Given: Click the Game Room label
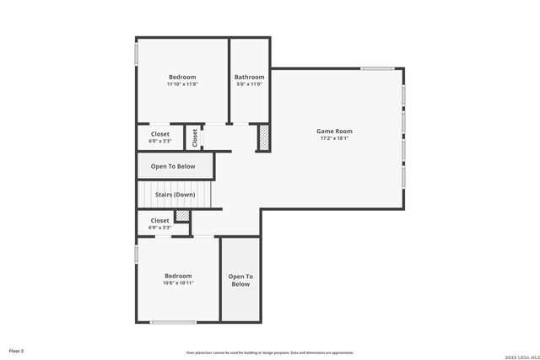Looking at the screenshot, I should tap(334, 131).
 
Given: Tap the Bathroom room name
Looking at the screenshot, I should tap(249, 78).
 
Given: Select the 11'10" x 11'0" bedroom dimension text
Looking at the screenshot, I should tap(181, 84).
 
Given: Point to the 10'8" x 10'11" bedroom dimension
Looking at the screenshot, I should tap(178, 283).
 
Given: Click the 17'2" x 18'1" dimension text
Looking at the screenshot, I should tap(334, 138).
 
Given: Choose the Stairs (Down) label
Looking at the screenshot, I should tap(175, 195).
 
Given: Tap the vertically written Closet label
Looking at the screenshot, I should tap(194, 137).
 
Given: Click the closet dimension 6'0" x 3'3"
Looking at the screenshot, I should tap(160, 142).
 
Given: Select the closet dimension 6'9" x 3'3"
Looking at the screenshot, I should tap(160, 228).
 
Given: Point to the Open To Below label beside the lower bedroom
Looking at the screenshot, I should tap(240, 281).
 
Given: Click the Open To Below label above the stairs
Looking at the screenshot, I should tap(173, 166).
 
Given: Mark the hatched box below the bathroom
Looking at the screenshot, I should tap(263, 138).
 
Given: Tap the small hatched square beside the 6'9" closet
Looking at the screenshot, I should tap(181, 216).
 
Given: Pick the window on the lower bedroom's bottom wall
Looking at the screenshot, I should tap(173, 322).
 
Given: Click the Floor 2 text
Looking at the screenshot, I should tap(17, 350).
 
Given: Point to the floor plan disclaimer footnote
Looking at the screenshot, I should tap(270, 352).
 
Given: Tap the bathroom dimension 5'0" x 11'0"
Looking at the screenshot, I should tap(249, 84).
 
